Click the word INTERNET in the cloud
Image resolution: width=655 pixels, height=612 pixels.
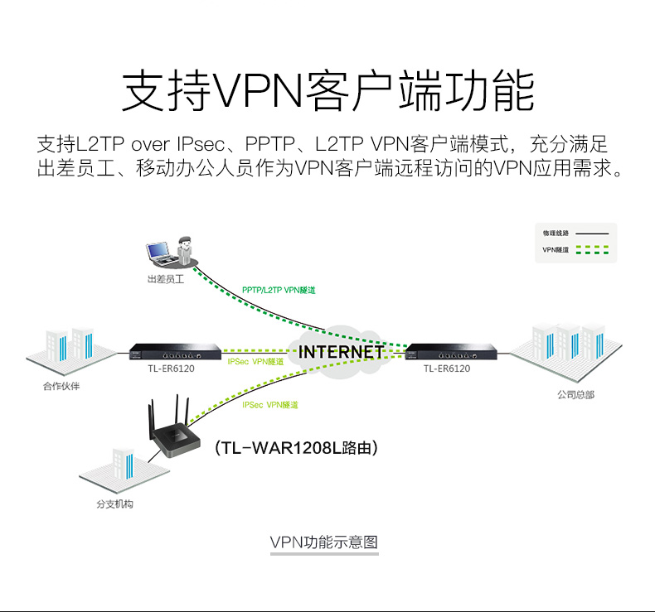click(x=341, y=352)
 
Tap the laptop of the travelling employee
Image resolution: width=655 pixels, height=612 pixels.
click(x=158, y=251)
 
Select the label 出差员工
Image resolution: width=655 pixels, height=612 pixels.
click(x=165, y=279)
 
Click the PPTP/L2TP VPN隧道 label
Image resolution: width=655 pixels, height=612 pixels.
click(x=279, y=290)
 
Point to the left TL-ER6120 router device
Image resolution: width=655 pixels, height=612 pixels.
click(x=175, y=351)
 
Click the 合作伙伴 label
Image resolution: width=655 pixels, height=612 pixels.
click(x=62, y=386)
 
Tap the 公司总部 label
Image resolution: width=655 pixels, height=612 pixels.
click(x=575, y=395)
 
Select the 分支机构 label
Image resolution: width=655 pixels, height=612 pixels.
click(x=114, y=504)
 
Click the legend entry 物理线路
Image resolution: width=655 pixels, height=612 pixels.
click(x=556, y=234)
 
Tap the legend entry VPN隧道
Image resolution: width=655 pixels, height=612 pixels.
click(x=556, y=248)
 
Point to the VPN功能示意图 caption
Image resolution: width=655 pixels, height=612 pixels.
click(x=324, y=542)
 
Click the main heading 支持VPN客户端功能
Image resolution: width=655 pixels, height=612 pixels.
click(x=327, y=91)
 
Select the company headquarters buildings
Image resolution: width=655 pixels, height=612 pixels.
click(x=568, y=345)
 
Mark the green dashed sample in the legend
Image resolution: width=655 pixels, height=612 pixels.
click(x=592, y=248)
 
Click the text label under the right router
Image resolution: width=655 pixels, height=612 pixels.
click(x=447, y=369)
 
